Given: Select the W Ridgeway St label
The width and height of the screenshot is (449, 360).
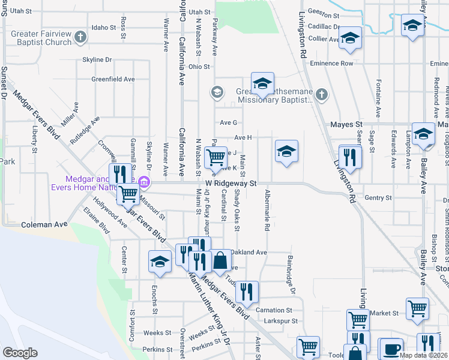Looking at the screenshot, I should [231, 182].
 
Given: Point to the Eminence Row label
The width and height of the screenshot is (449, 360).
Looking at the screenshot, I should [339, 63].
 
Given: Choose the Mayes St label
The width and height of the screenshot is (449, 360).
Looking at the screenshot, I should [344, 125].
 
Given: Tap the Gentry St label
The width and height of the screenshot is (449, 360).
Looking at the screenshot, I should [378, 197].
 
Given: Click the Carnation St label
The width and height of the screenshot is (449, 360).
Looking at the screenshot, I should [273, 310].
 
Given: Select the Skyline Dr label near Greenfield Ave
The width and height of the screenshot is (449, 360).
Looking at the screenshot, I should [97, 60].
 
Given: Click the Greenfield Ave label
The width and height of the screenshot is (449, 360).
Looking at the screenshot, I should [113, 79].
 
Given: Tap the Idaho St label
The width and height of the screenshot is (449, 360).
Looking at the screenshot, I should [104, 27].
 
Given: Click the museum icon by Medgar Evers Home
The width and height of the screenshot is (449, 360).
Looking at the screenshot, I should [143, 182].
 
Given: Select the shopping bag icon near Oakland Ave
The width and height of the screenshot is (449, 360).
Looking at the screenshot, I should [220, 260].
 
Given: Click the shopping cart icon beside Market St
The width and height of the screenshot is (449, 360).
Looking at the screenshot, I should [417, 308].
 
